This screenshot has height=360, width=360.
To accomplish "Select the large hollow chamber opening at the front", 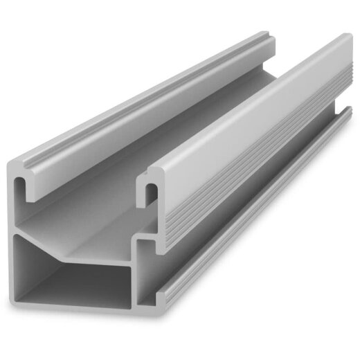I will point(76,277).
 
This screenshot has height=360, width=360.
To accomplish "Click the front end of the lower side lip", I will point(162,299).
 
